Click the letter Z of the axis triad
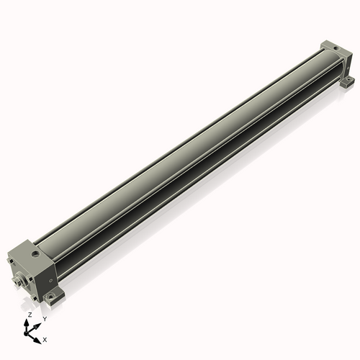coord(30,315)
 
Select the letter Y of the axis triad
coord(44,319)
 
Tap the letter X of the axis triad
coord(45,338)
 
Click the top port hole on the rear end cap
coord(335,49)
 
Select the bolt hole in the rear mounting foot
coord(348,79)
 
